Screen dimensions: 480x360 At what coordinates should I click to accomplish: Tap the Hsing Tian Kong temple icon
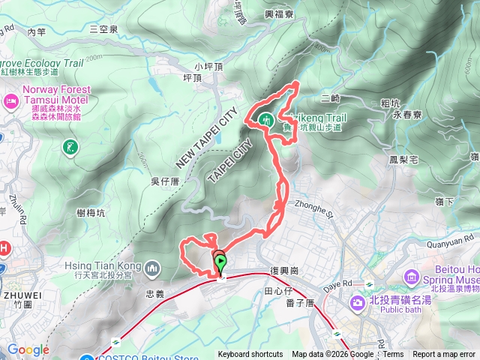click(153, 268)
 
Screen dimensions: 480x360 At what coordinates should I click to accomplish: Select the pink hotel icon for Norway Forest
click(11, 100)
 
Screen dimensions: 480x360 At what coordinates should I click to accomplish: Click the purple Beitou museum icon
click(411, 278)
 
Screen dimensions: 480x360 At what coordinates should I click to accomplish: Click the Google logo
click(28, 349)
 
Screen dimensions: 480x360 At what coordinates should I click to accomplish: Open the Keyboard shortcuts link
click(250, 355)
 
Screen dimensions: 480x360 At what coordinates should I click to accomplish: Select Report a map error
click(444, 355)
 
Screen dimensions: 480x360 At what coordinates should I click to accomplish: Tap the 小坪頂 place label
click(208, 65)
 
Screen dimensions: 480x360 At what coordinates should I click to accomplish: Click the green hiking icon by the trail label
click(266, 118)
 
